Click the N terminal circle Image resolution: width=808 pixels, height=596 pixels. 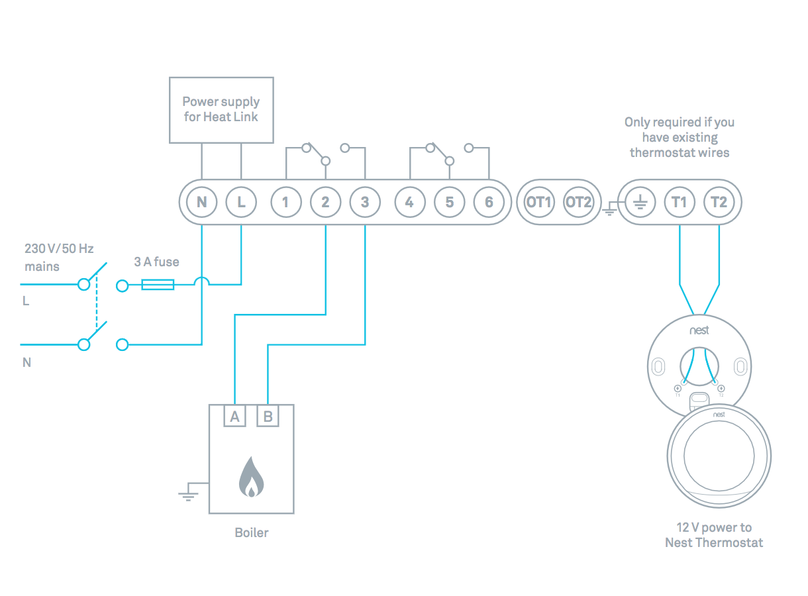(201, 202)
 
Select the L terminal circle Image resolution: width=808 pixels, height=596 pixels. (241, 202)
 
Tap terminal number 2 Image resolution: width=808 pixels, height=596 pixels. (325, 202)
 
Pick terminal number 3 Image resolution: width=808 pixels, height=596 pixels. (365, 202)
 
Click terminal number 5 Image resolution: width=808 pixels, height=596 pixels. (450, 202)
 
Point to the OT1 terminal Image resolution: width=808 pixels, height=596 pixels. (539, 202)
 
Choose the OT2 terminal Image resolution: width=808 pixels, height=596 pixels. (578, 202)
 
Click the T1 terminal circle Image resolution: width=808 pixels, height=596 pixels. (680, 202)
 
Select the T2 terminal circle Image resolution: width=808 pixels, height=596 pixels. (719, 202)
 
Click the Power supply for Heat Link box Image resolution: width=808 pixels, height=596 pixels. (221, 110)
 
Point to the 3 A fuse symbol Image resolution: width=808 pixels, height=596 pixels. (158, 285)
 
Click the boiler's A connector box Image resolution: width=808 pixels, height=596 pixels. (234, 417)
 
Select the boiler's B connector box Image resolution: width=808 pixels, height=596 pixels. (268, 417)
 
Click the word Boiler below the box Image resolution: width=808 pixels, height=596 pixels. (252, 532)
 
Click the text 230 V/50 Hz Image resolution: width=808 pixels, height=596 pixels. (60, 249)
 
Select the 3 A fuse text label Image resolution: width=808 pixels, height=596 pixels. (156, 262)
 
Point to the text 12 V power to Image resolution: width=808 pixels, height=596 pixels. (714, 528)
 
